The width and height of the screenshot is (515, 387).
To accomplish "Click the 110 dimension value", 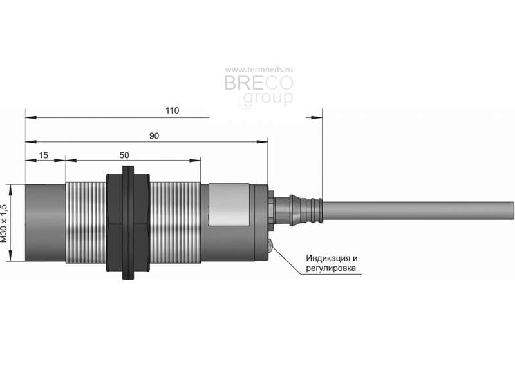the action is (x=173, y=110).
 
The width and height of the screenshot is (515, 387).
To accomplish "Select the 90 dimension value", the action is (x=154, y=136).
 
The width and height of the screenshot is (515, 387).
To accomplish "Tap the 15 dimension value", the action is (x=43, y=155).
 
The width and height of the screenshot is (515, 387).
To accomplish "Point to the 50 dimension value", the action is (x=124, y=155).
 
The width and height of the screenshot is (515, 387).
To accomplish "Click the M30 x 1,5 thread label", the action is (x=4, y=223).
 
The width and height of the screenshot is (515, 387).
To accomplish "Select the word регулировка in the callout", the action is (x=331, y=268).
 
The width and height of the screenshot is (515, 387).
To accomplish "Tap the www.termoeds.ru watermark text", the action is (x=259, y=70).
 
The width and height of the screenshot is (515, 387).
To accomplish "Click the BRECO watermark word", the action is (x=259, y=83).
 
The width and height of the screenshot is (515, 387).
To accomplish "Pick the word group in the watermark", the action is (x=268, y=98).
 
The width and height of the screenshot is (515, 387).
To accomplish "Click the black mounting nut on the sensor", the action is (x=127, y=223).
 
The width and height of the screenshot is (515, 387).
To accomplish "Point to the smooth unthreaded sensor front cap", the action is (x=45, y=223).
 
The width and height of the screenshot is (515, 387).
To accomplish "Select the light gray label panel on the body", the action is (x=229, y=204).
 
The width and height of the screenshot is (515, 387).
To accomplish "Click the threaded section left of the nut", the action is (x=86, y=223).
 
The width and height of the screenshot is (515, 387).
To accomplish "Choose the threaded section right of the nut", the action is (x=175, y=223).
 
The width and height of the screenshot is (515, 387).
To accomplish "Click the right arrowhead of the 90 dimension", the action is (x=262, y=142).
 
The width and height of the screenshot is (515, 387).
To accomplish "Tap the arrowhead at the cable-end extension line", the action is (x=314, y=117).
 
